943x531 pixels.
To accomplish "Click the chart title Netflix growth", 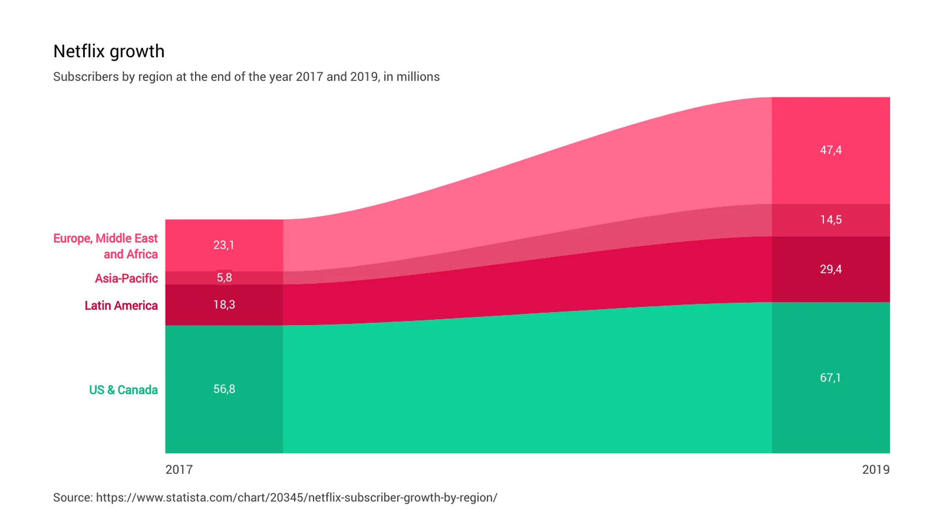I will click(x=109, y=51).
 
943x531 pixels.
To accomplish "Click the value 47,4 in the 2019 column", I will click(x=830, y=150).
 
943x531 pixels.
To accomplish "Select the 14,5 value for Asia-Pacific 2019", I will click(x=830, y=219).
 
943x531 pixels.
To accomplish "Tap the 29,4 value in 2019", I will click(x=830, y=269).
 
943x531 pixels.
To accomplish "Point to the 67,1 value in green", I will click(x=830, y=377).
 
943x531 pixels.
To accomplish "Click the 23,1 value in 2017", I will click(x=224, y=245).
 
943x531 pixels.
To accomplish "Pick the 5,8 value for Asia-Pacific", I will click(x=224, y=277).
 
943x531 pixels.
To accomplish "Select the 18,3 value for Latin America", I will click(x=224, y=304).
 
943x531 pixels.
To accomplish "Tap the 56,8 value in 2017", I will click(x=224, y=389).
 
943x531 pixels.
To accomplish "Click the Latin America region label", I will click(x=121, y=305).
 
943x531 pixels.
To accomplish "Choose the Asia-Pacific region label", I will click(x=126, y=278).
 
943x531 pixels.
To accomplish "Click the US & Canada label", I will click(x=123, y=390).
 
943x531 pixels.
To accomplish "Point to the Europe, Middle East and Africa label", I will click(x=106, y=246).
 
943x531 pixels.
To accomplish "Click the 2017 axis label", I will click(x=179, y=469).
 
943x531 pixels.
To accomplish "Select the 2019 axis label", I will click(x=875, y=469).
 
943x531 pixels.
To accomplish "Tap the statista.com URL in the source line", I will click(x=296, y=497).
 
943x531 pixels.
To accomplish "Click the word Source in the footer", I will click(x=72, y=497).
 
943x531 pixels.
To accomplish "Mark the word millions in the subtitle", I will click(x=418, y=77).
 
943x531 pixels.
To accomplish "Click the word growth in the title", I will click(x=137, y=52).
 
